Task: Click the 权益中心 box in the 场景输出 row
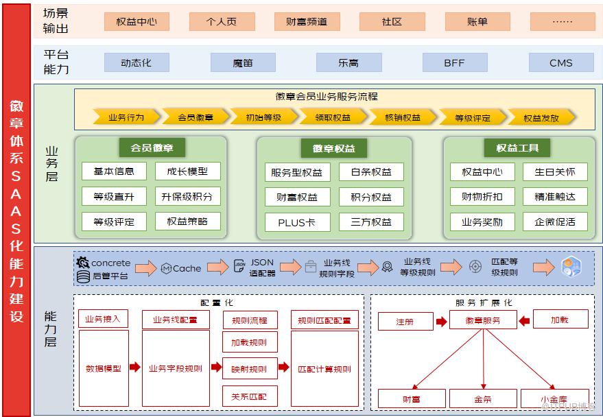pyautogui.click(x=137, y=21)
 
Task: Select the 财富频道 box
pyautogui.click(x=307, y=21)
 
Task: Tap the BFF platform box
pyautogui.click(x=455, y=62)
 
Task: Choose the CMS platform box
pyautogui.click(x=561, y=62)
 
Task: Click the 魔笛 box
pyautogui.click(x=243, y=62)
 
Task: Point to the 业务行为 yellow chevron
pyautogui.click(x=126, y=117)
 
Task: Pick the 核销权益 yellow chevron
pyautogui.click(x=403, y=117)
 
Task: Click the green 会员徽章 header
pyautogui.click(x=152, y=147)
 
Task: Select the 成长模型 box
pyautogui.click(x=188, y=171)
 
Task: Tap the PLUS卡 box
pyautogui.click(x=297, y=222)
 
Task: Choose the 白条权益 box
pyautogui.click(x=371, y=171)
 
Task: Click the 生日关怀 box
pyautogui.click(x=555, y=171)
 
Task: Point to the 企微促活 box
pyautogui.click(x=555, y=222)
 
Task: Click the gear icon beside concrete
pyautogui.click(x=83, y=263)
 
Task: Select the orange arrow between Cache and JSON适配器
pyautogui.click(x=217, y=267)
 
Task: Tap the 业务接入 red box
pyautogui.click(x=103, y=319)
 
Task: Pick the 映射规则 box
pyautogui.click(x=250, y=368)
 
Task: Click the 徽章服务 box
pyautogui.click(x=483, y=320)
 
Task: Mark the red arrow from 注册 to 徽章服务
pyautogui.click(x=442, y=321)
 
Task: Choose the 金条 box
pyautogui.click(x=483, y=398)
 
